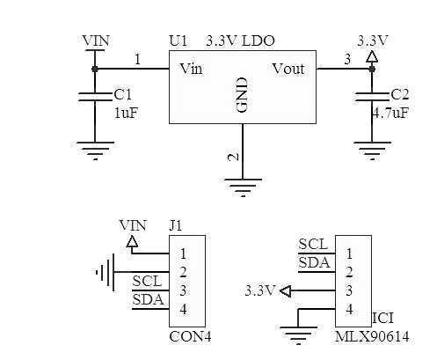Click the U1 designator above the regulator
point(178,40)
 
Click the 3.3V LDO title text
point(241,40)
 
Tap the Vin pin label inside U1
point(191,69)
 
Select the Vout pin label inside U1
point(288,69)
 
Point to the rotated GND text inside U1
point(242,95)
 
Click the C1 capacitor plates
point(95,97)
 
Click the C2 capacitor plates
point(372,97)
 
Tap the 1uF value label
point(126,113)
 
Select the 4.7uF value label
point(390,113)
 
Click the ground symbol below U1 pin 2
point(243,187)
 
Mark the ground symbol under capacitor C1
point(95,151)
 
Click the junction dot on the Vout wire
point(372,69)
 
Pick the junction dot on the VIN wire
point(95,69)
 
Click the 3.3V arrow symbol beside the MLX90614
point(286,291)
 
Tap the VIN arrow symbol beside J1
point(132,241)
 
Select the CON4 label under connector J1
point(190,336)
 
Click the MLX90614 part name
point(372,336)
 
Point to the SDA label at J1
point(148,299)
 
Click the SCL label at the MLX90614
point(313,244)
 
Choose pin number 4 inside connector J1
point(183,309)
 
